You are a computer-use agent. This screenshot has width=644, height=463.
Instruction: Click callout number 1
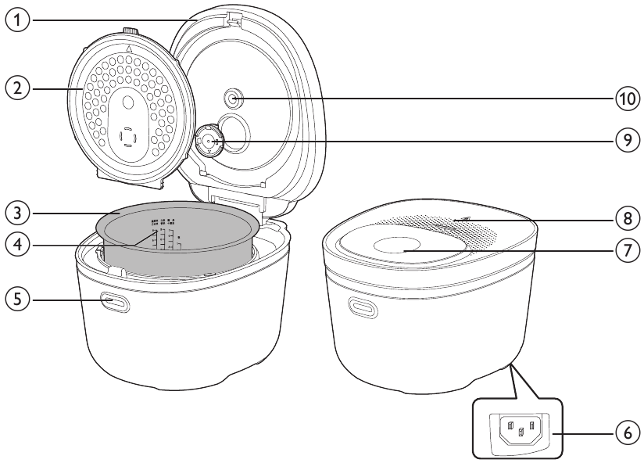pos(17,20)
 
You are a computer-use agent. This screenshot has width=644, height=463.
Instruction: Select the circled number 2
pos(17,88)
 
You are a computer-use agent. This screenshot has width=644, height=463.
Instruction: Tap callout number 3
pos(17,214)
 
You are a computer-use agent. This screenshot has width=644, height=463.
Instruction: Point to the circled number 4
pos(17,246)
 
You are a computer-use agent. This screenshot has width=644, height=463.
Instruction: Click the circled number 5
pos(17,300)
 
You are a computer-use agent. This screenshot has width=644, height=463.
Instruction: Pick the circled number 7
pos(627,250)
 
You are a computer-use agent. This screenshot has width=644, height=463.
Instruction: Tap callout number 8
pos(627,218)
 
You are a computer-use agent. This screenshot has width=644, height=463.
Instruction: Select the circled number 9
pos(627,141)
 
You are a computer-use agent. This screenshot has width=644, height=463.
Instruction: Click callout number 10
pos(627,99)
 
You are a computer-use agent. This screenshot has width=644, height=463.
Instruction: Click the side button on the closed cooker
pos(363,308)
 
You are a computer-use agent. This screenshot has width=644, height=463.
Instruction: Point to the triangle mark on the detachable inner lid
pos(128,49)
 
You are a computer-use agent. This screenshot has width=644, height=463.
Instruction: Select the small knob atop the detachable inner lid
pos(130,31)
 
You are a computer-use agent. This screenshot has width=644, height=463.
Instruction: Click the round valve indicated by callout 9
pos(209,141)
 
